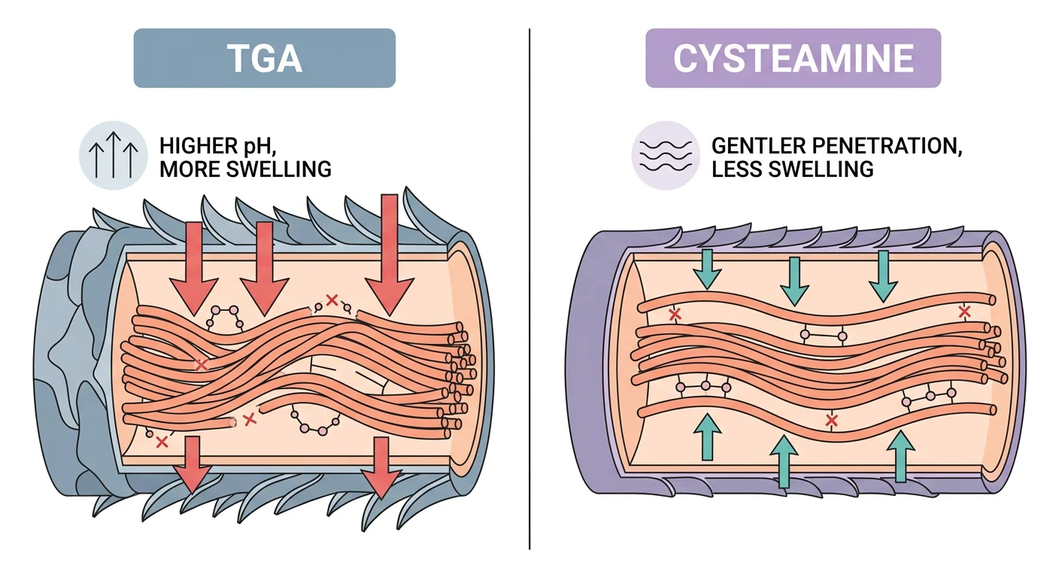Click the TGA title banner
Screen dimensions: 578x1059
(264, 58)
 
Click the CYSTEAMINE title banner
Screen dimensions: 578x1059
(793, 58)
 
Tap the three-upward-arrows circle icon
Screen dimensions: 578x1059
(113, 154)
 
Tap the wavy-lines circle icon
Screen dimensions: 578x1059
(664, 154)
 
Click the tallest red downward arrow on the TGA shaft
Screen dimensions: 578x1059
(389, 252)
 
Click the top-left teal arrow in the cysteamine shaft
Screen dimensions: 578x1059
(708, 269)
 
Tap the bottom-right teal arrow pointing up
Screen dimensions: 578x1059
(899, 455)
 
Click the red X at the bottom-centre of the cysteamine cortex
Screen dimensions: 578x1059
(831, 420)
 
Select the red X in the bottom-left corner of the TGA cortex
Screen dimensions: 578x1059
(161, 443)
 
